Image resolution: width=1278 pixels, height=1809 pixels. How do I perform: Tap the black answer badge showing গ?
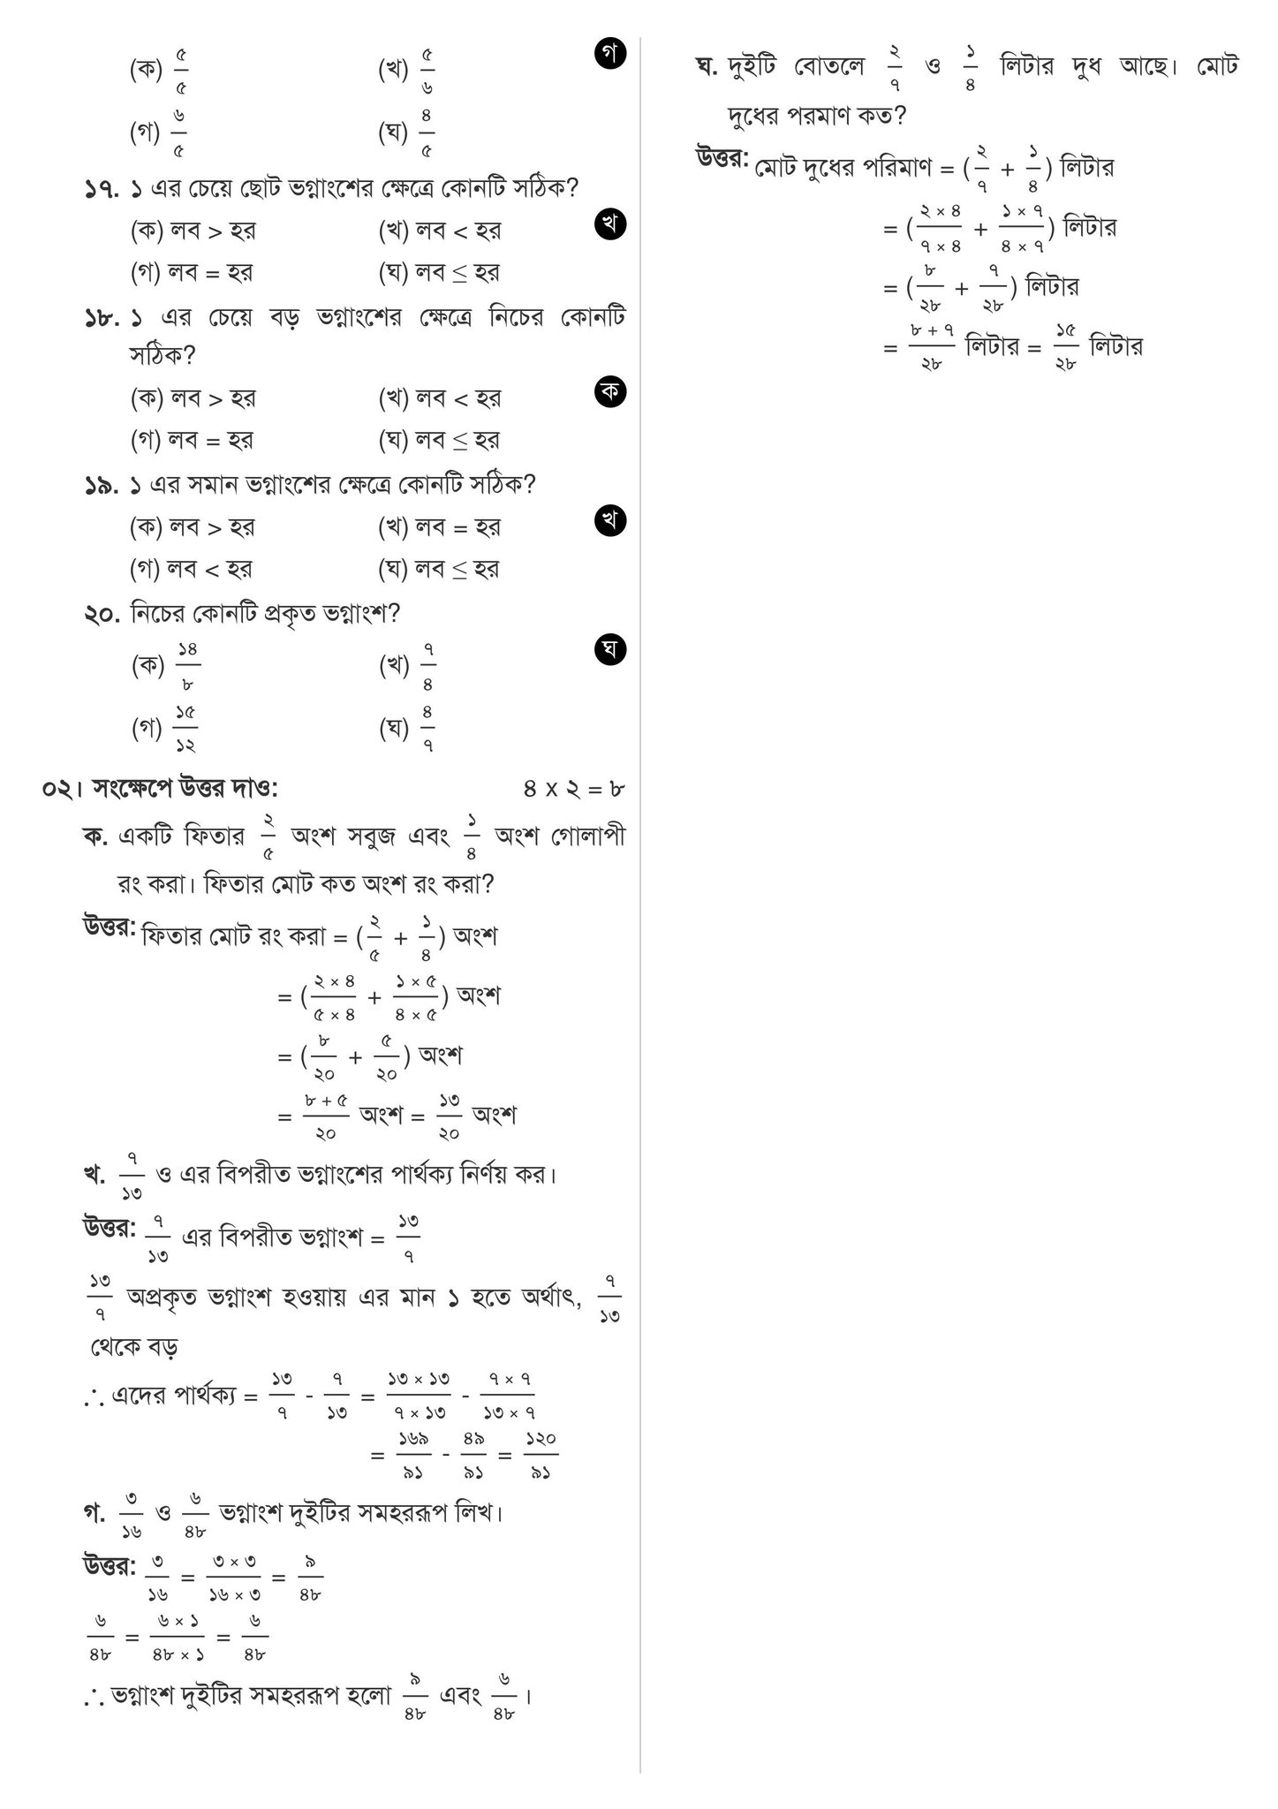pyautogui.click(x=611, y=55)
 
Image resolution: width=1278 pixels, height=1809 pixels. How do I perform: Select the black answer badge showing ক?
pyautogui.click(x=611, y=390)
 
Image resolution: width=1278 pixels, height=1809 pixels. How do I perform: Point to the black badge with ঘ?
pyautogui.click(x=611, y=650)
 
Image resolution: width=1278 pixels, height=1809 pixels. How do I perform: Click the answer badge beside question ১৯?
pyautogui.click(x=611, y=520)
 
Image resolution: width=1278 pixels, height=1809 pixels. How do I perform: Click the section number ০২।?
pyautogui.click(x=62, y=789)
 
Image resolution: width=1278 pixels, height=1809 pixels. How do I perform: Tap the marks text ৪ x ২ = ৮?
pyautogui.click(x=574, y=789)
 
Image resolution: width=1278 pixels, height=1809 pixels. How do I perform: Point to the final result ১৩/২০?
pyautogui.click(x=449, y=1116)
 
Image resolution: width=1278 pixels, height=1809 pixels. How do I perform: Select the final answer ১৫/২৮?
pyautogui.click(x=1066, y=346)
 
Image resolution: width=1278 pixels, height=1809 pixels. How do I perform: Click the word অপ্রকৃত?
pyautogui.click(x=163, y=1298)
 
